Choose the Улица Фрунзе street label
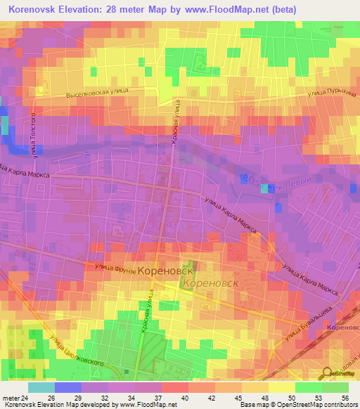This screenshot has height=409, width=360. (110, 266)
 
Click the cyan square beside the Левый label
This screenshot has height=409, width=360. (265, 188)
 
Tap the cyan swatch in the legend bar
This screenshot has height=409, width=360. (41, 388)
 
